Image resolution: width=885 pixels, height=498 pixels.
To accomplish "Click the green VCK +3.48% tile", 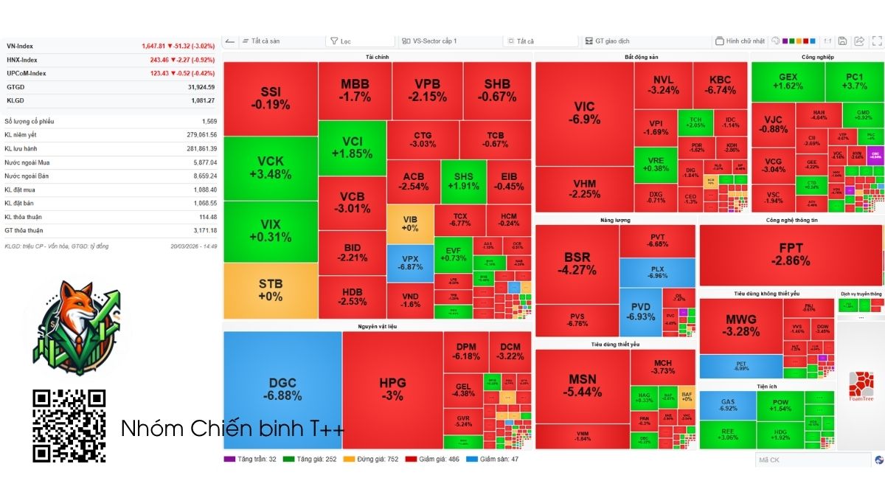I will pos(270,168).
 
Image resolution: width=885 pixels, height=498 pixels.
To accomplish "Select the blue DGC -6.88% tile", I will pos(282,390).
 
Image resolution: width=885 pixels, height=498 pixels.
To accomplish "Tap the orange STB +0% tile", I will pos(270,290).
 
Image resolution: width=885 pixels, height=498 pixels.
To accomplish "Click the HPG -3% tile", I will pos(392,390).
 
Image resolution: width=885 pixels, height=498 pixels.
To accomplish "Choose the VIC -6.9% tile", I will pos(584,113).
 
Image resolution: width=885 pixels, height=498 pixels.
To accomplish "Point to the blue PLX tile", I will pos(657,272).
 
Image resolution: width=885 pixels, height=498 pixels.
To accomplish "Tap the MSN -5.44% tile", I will pos(582,386).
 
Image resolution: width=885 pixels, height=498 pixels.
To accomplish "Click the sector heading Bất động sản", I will pos(641,57).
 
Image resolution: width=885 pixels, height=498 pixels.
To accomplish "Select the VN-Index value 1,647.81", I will pos(155,46).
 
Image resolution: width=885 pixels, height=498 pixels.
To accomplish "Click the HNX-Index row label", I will pos(22,60).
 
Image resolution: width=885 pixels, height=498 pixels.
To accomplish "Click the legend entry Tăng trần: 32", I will pos(251,459).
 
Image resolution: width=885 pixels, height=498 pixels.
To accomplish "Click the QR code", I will pos(69,426).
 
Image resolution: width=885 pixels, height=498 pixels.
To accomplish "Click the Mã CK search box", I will pos(811,460).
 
